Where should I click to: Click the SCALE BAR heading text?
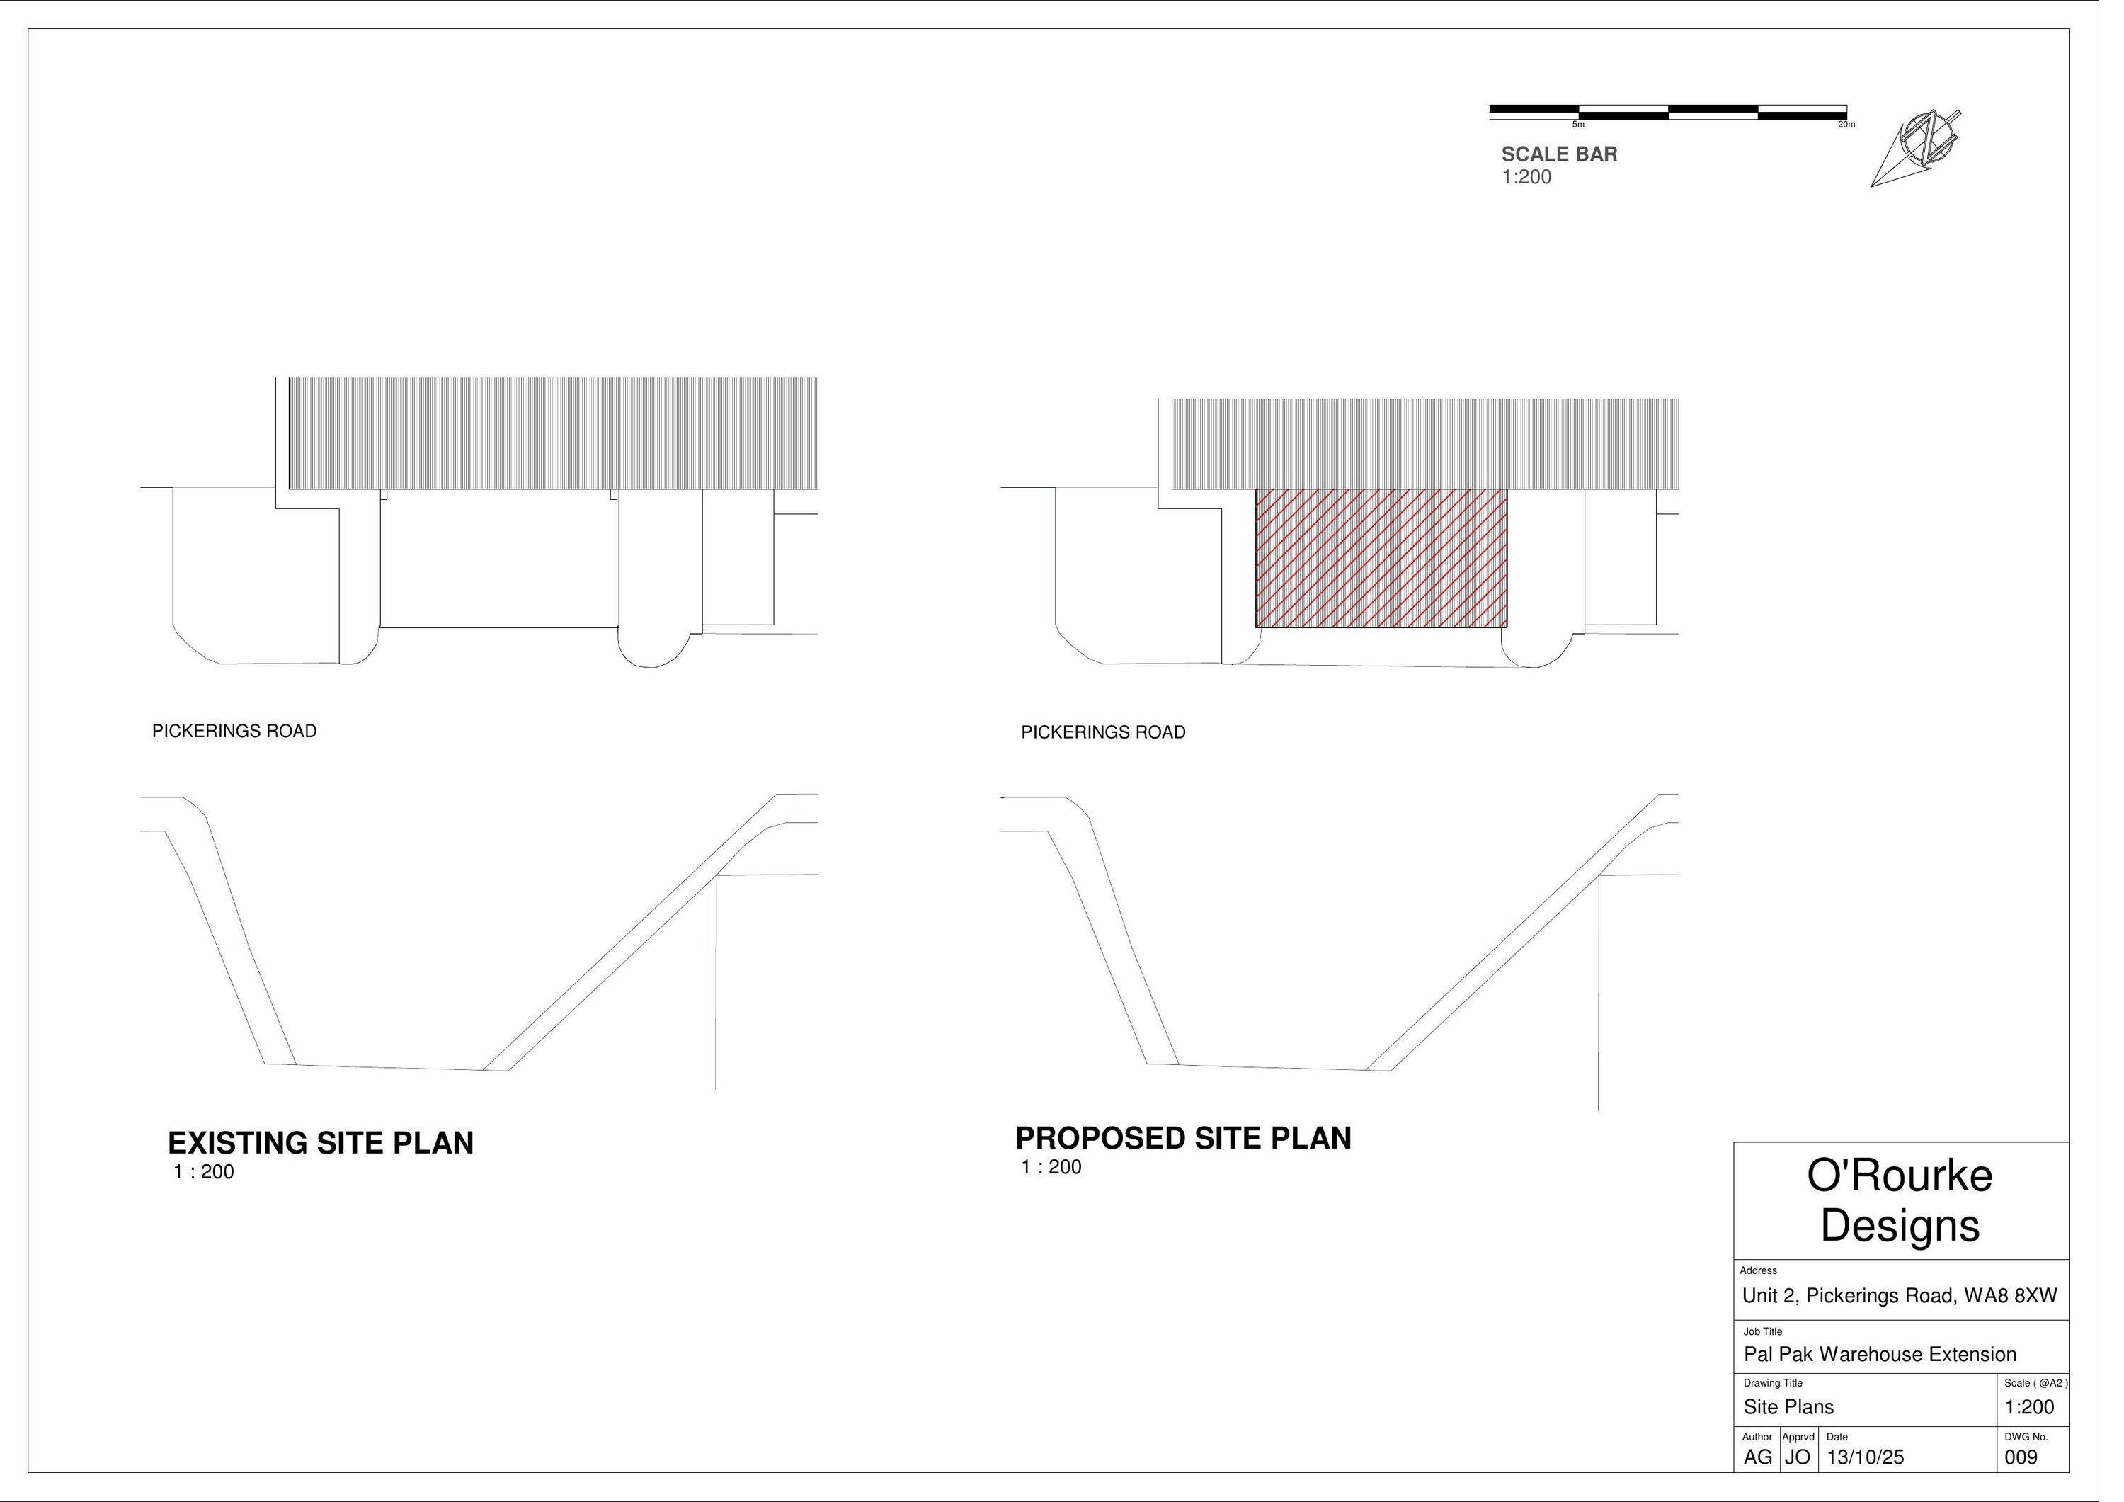tap(1559, 154)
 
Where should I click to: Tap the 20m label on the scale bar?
tap(1846, 125)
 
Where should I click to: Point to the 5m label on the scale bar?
tap(1578, 125)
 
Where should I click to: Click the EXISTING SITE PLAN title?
tap(320, 1143)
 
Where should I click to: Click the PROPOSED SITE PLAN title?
tap(1183, 1138)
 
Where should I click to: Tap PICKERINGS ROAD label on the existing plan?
tap(234, 731)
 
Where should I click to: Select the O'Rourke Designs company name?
tap(1900, 1200)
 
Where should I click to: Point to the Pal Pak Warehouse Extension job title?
tap(1880, 1355)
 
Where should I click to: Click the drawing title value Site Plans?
tap(1788, 1408)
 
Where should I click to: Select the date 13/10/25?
tap(1865, 1457)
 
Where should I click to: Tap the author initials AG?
tap(1758, 1457)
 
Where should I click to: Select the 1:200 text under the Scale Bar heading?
tap(1526, 178)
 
